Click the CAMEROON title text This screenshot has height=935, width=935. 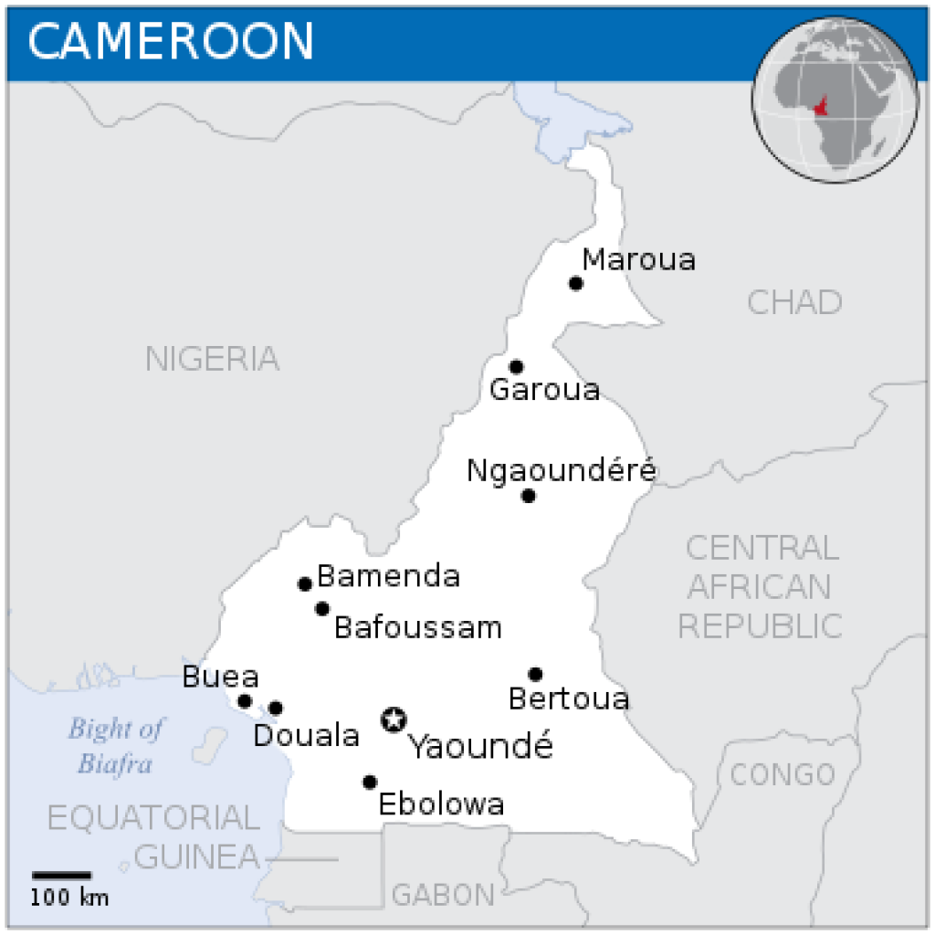pos(172,40)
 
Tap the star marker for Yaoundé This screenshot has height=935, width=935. pos(394,720)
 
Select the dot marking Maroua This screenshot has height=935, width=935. pos(575,283)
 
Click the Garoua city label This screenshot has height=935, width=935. pos(544,390)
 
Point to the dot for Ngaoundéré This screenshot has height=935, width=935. pos(528,496)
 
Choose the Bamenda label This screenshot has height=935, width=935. pos(388,576)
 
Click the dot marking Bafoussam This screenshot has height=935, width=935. pos(322,608)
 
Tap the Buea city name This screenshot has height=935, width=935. pos(220,678)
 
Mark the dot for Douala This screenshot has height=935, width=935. pos(276,708)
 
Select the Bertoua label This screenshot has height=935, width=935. pos(569,699)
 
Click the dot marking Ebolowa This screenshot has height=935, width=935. pos(370,782)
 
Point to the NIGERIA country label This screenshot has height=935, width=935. pos(212,359)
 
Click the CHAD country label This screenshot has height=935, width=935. pos(794,302)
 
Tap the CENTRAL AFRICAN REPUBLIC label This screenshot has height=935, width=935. pos(761,586)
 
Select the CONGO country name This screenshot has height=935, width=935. pos(783,774)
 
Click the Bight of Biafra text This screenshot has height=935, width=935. pos(115,745)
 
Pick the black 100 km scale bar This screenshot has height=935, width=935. pos(62,877)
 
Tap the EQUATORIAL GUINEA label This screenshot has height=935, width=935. pos(153,836)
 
